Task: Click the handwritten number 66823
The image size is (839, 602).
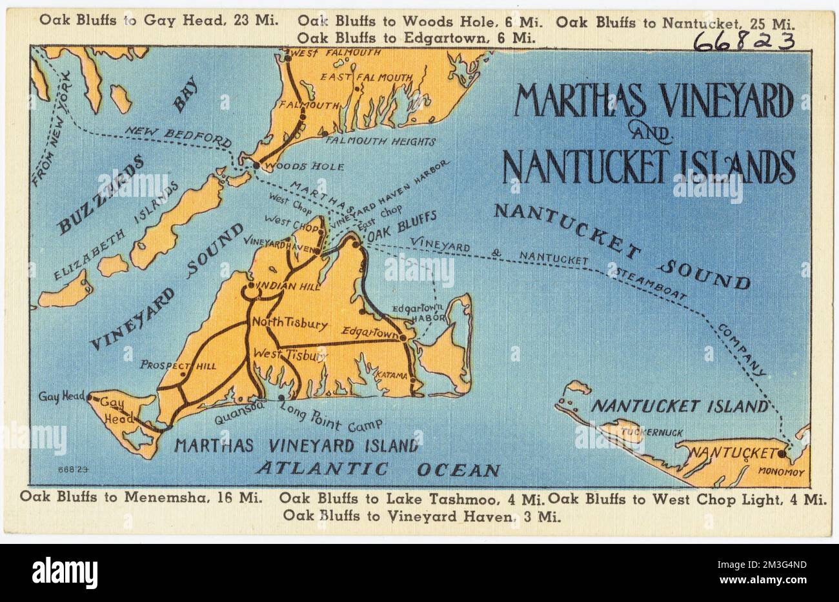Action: [743, 42]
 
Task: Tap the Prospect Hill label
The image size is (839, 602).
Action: [177, 365]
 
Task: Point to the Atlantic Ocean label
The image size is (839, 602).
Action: [378, 470]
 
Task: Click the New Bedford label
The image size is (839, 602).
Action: [178, 135]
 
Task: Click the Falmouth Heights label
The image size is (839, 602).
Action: [381, 141]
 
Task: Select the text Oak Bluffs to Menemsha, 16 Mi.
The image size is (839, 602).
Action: [140, 497]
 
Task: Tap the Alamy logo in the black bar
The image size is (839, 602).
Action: [65, 572]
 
